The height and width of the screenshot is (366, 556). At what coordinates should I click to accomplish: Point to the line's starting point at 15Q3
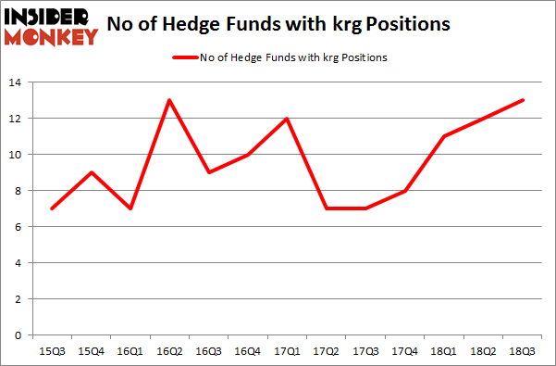coord(51,208)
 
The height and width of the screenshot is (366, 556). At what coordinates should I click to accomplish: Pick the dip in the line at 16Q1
coord(130,208)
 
